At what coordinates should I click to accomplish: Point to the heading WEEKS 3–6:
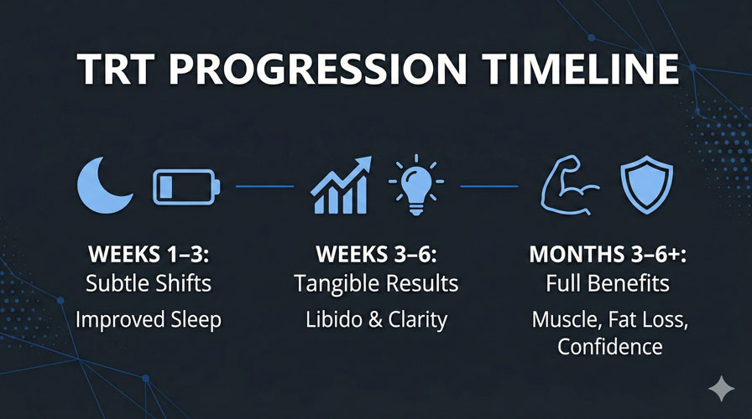tap(376, 254)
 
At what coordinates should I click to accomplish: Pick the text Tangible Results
tap(376, 283)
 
